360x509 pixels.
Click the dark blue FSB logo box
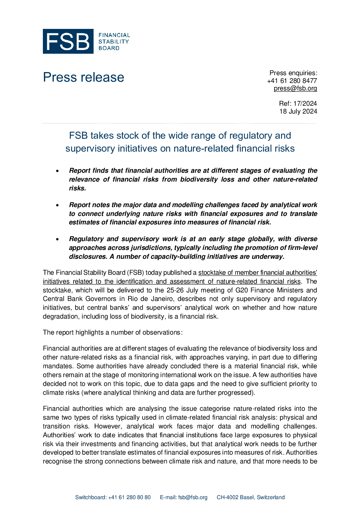point(68,41)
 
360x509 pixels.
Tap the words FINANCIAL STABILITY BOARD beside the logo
point(114,41)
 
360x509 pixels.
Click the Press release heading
point(83,77)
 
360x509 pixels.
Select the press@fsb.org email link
point(295,88)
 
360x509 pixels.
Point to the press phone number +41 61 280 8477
point(292,81)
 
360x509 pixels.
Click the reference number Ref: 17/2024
point(298,103)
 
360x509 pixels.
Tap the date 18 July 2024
point(298,111)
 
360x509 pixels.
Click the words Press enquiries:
point(293,73)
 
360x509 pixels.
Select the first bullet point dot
point(58,171)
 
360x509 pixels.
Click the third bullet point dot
point(58,239)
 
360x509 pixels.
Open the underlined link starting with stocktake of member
point(258,272)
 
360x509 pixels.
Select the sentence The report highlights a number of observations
point(113,332)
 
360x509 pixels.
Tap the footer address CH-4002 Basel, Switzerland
point(250,497)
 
